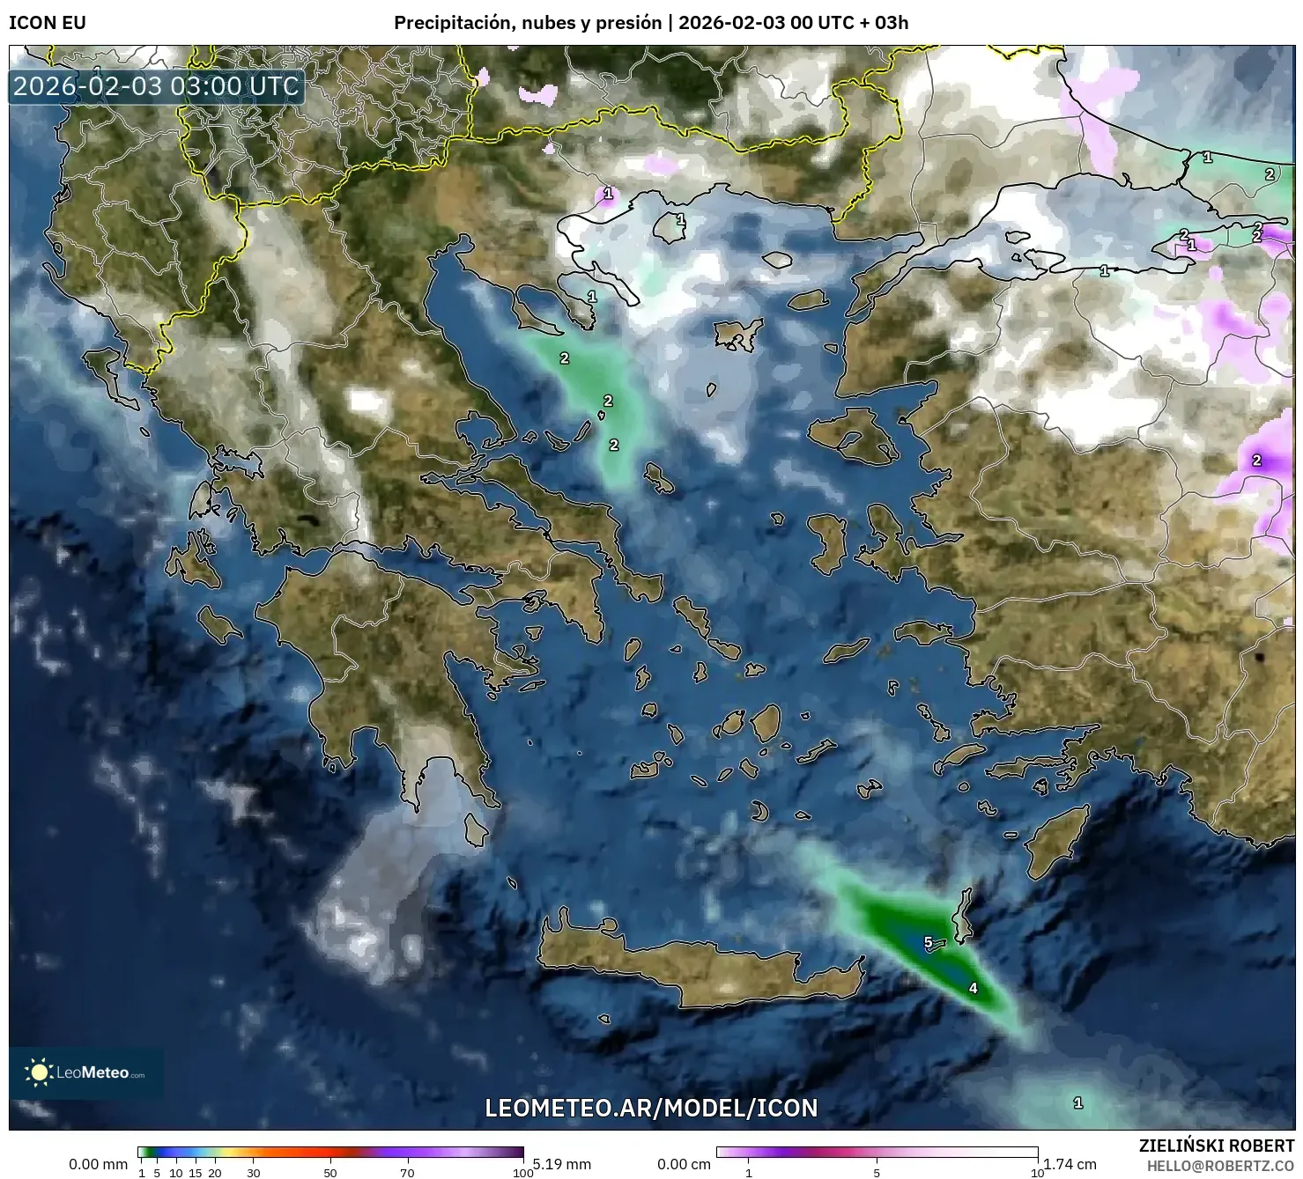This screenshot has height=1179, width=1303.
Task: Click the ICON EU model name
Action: (48, 23)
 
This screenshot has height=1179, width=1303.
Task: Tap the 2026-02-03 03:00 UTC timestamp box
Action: (157, 86)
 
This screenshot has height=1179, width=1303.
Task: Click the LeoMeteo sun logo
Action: (39, 1072)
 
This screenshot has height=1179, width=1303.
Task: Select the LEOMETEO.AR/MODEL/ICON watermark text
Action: (651, 1108)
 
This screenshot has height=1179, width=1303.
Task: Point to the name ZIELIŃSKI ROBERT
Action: (1217, 1146)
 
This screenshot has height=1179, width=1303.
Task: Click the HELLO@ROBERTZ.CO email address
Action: (1220, 1166)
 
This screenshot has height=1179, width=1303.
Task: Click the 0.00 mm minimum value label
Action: (99, 1164)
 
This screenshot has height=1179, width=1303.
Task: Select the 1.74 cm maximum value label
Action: (1070, 1164)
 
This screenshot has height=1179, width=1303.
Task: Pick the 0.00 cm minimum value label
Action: (684, 1164)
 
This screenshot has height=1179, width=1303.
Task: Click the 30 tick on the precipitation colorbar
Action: (254, 1173)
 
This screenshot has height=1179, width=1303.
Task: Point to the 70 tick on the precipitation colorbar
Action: (407, 1173)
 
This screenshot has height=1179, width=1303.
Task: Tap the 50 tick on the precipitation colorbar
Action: (330, 1173)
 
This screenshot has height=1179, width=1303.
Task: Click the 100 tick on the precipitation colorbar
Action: (523, 1173)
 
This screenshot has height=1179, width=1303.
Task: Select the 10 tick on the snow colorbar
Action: (1037, 1173)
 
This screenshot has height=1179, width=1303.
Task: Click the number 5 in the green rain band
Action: (928, 942)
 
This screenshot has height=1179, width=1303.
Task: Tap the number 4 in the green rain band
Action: (973, 988)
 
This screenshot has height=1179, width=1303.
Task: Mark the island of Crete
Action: (696, 969)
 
